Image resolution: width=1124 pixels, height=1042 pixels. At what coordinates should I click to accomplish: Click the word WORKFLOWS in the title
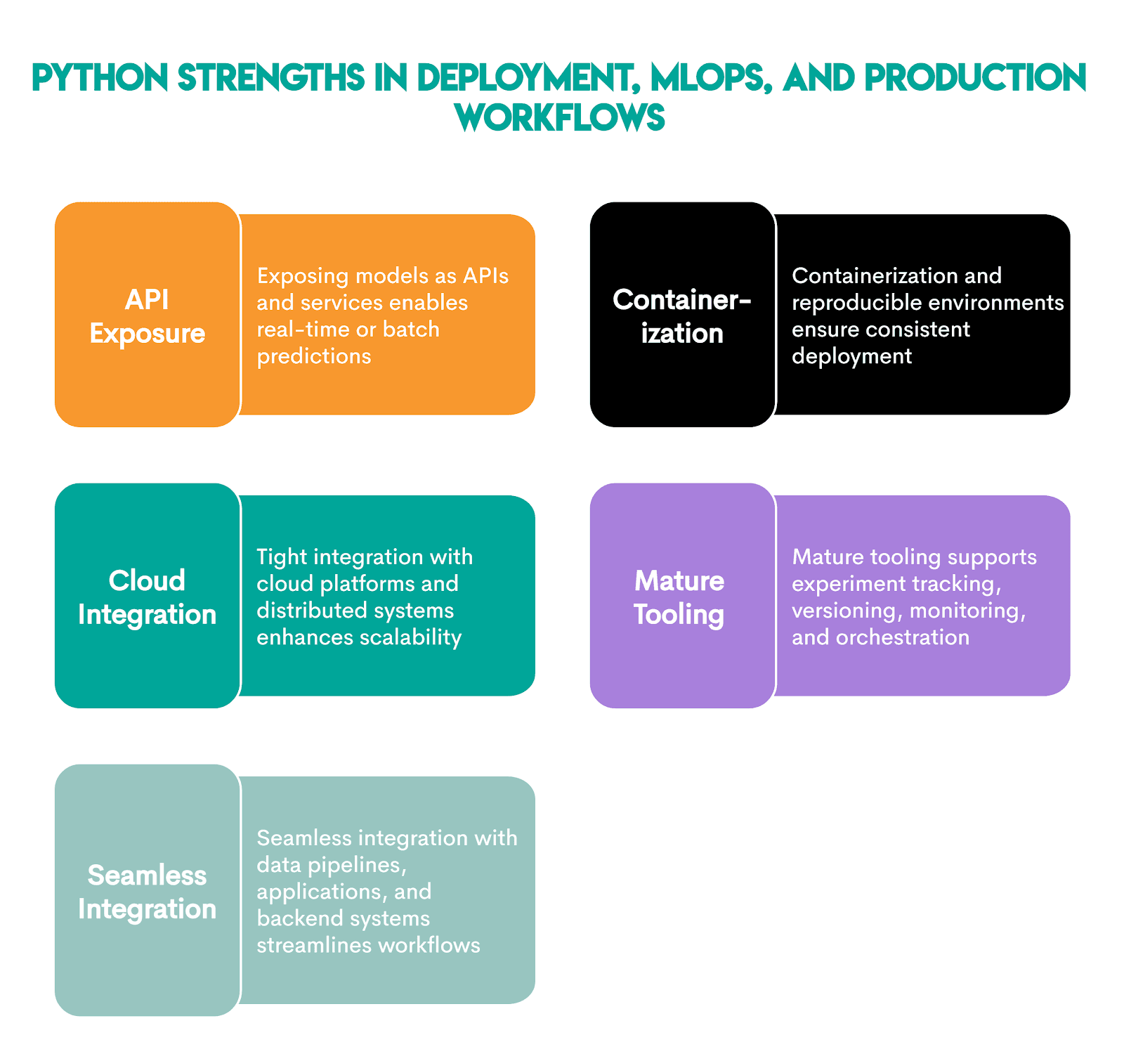560,117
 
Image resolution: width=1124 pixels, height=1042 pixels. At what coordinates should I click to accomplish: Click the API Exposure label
147,316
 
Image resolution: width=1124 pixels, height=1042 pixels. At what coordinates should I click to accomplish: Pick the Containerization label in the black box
681,316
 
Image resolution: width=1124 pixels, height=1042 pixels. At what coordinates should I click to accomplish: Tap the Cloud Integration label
147,597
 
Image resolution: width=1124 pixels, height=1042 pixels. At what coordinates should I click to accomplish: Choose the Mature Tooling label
679,597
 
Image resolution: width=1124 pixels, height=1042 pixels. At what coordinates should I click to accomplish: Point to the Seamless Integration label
147,892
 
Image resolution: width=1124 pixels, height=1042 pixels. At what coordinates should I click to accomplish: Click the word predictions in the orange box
313,356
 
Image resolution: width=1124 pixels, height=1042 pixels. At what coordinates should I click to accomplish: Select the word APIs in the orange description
485,275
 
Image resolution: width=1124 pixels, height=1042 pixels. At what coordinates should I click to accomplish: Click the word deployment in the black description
851,356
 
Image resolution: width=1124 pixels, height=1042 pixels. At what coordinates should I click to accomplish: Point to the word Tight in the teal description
282,557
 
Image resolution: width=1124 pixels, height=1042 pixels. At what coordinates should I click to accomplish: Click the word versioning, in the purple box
847,611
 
